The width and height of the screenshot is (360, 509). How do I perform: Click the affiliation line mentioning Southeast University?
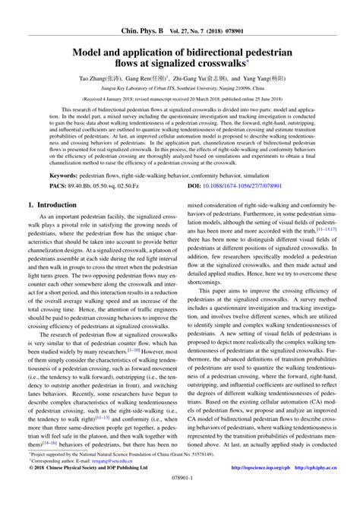179,89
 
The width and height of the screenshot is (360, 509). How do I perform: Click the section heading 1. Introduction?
56,205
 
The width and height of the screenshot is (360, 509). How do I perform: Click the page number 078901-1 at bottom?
179,498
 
